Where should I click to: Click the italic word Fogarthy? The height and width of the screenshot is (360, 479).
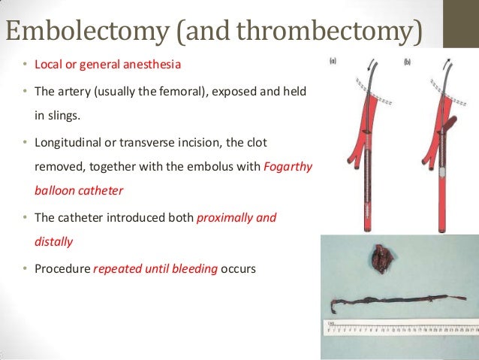point(289,165)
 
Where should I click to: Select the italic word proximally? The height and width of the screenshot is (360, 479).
point(225,217)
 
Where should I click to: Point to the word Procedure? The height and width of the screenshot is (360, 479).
point(62,268)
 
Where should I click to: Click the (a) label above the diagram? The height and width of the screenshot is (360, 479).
point(333,61)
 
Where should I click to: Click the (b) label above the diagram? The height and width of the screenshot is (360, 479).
point(408,60)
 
